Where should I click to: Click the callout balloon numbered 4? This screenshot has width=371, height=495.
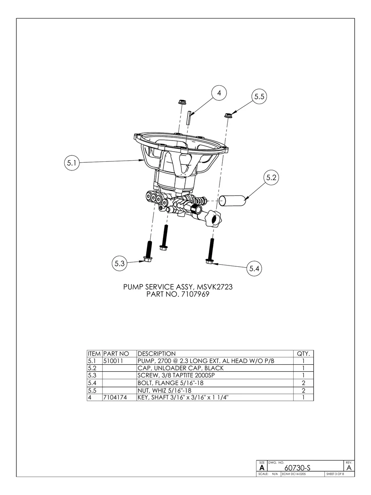[219, 93]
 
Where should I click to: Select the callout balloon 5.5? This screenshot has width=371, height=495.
[258, 97]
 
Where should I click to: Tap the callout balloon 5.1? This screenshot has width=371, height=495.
[72, 163]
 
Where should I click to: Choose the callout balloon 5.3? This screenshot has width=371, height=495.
[119, 264]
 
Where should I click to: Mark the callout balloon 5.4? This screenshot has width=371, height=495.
[254, 269]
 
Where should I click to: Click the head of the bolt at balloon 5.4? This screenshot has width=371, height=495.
[210, 260]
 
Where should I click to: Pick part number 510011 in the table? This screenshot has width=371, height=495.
[111, 361]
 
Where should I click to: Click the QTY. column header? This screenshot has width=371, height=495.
[303, 354]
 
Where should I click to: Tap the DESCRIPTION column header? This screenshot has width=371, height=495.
[156, 354]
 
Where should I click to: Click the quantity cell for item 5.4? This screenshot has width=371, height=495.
[303, 383]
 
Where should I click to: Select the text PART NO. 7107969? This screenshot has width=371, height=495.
[177, 295]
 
